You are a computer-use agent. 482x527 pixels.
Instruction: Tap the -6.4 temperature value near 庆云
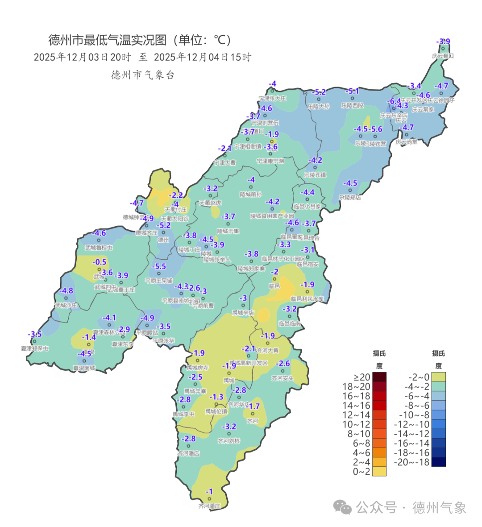click(395, 101)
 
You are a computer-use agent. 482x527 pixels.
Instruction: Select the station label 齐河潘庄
click(209, 506)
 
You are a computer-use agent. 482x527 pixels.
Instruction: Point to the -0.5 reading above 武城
click(100, 262)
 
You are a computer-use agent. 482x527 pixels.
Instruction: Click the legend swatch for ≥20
click(379, 378)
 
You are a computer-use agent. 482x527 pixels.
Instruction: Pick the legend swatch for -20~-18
click(438, 462)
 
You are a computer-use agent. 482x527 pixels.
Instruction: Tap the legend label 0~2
click(361, 472)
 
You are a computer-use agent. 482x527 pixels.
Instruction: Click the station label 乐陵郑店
click(350, 197)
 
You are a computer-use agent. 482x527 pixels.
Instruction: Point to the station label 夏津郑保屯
click(34, 348)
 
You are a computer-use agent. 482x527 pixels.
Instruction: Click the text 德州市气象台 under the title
click(142, 75)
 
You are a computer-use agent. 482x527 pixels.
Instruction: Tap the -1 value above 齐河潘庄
click(209, 492)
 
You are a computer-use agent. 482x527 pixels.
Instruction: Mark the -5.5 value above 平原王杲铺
click(158, 266)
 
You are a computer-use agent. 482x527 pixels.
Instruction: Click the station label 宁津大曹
click(224, 163)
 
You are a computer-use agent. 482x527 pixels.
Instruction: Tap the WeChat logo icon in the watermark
click(343, 507)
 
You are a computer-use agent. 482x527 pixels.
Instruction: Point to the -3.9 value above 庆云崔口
click(443, 41)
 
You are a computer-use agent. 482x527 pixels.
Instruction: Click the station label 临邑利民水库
click(307, 299)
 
